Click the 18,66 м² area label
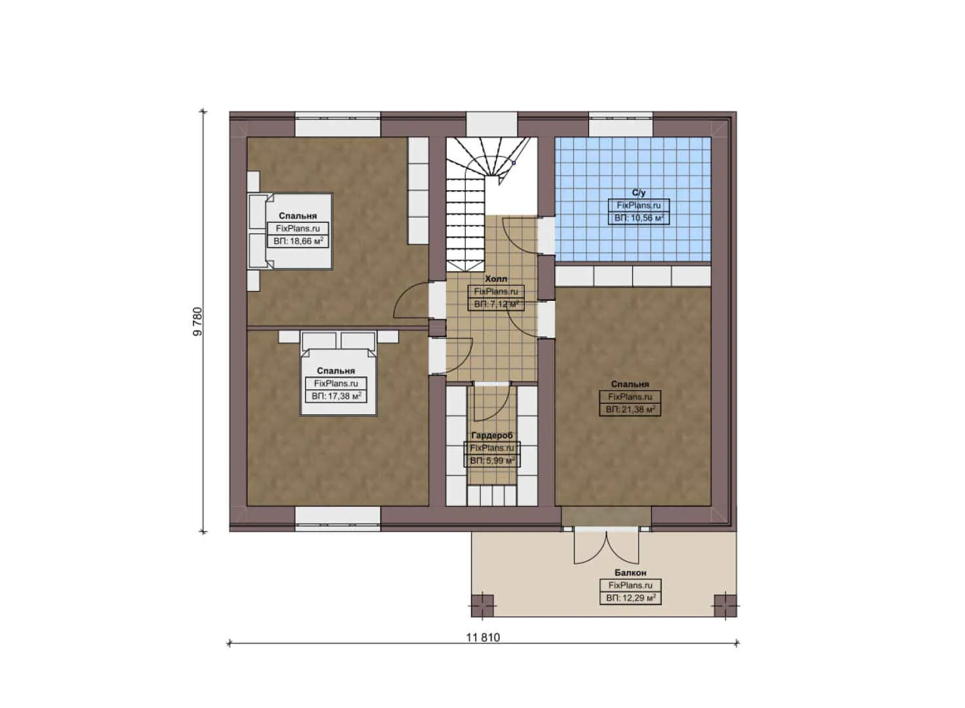click(x=298, y=241)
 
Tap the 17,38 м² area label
click(x=336, y=397)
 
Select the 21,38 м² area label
click(x=630, y=410)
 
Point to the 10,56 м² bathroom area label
click(x=639, y=218)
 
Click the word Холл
click(x=496, y=279)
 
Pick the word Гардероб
click(x=492, y=435)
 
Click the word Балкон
click(x=630, y=572)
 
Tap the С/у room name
click(x=639, y=193)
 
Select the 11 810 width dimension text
click(x=483, y=637)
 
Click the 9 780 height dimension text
click(x=198, y=321)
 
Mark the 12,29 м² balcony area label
click(x=630, y=598)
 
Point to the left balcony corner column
click(x=483, y=604)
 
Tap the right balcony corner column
click(x=725, y=604)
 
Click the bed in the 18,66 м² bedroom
click(x=290, y=231)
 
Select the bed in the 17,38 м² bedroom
click(x=339, y=374)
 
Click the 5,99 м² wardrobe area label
click(x=492, y=461)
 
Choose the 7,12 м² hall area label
click(x=496, y=304)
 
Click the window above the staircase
click(x=492, y=125)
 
